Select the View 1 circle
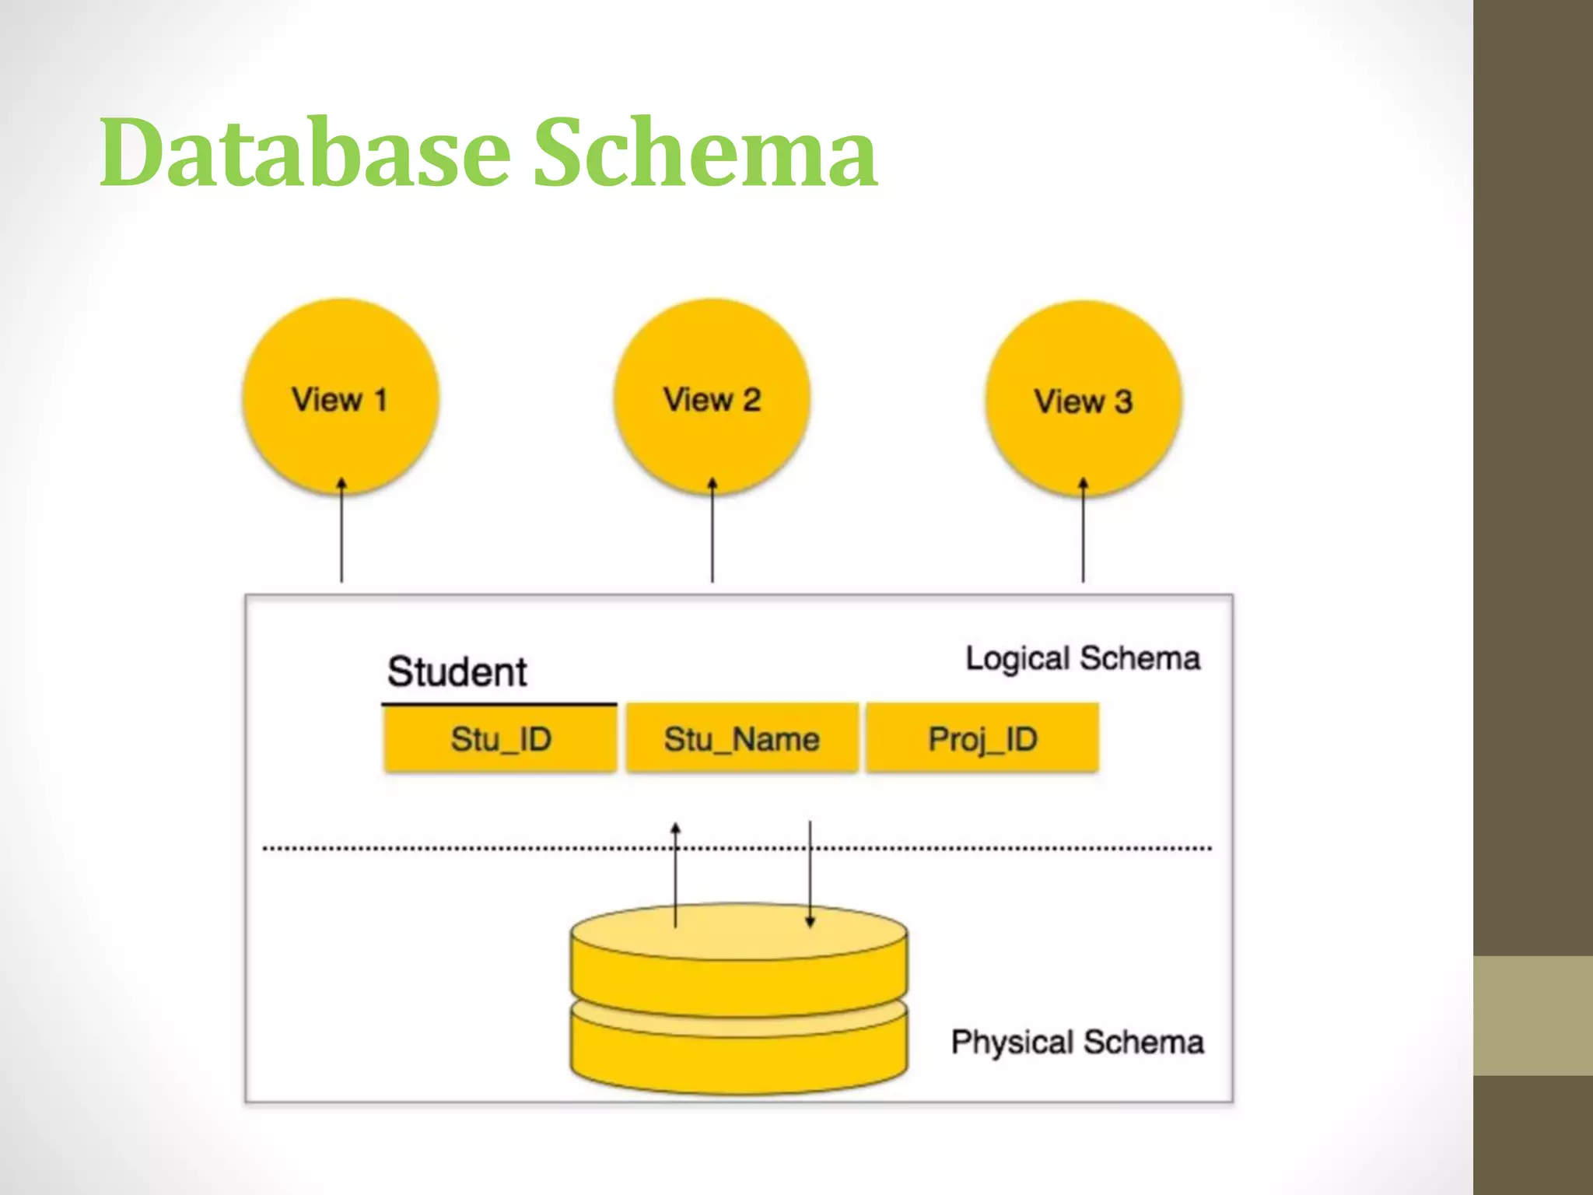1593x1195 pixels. coord(340,397)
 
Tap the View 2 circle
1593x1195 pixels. coord(712,397)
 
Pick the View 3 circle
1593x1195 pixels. coord(1083,399)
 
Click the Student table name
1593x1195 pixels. coord(457,671)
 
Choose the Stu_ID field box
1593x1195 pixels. coord(500,738)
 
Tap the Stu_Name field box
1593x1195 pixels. coord(742,738)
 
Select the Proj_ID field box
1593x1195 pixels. coord(982,738)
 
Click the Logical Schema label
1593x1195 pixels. coord(1082,658)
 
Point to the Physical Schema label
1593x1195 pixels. coord(1077,1042)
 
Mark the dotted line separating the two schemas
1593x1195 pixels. coord(467,848)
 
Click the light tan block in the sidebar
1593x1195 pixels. coord(1532,1015)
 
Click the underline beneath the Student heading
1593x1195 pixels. coord(499,704)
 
